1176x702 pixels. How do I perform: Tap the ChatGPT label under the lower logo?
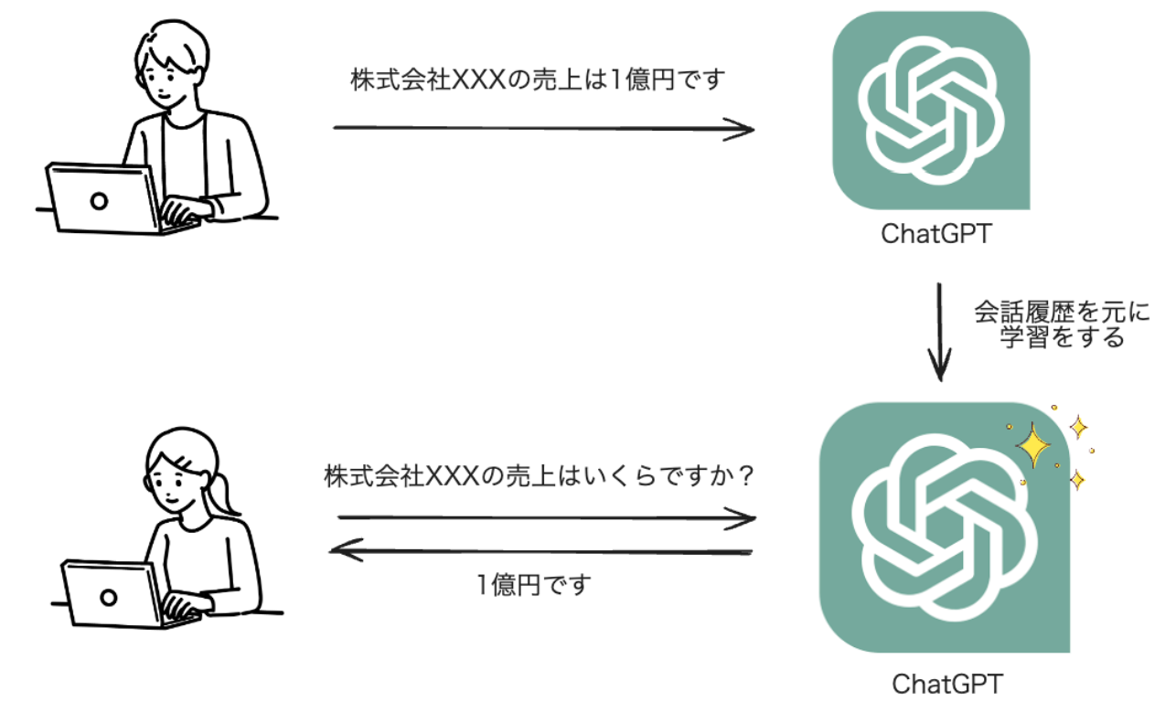946,683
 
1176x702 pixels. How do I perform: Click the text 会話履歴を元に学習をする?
1061,324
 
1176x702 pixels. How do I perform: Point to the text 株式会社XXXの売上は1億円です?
537,80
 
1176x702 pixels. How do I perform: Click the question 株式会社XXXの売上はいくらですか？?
540,476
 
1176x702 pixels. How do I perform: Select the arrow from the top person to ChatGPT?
543,128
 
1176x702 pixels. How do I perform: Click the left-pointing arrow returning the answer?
540,550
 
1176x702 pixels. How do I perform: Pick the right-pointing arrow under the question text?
546,518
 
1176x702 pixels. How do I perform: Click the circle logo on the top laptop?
99,201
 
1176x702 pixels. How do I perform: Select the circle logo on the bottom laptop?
109,598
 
